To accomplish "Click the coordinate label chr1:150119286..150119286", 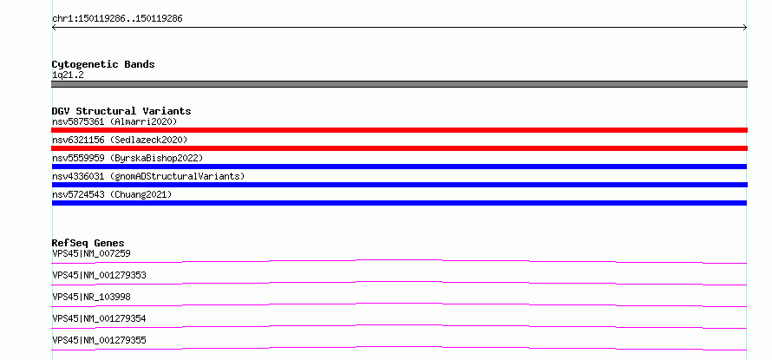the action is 117,19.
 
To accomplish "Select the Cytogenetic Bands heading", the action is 103,64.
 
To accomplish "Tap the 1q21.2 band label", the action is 68,75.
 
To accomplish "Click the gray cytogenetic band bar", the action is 399,84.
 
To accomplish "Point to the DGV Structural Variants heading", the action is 121,111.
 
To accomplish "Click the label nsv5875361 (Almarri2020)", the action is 114,121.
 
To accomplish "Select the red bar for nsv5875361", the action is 399,130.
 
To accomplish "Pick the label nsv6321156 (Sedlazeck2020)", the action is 120,140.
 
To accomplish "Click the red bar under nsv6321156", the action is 399,148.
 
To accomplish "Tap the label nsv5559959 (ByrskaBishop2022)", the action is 128,158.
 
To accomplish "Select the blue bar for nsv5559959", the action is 399,167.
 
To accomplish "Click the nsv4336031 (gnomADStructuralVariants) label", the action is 148,176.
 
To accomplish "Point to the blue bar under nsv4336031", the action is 399,185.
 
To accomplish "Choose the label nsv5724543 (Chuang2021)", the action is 112,194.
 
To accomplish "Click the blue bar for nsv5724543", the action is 399,203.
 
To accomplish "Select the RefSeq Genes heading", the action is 88,243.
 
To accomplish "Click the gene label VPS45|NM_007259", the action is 91,253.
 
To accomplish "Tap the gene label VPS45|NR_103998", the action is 91,297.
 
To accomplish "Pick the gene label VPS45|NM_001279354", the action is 99,318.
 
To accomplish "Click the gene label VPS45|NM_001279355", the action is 99,340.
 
